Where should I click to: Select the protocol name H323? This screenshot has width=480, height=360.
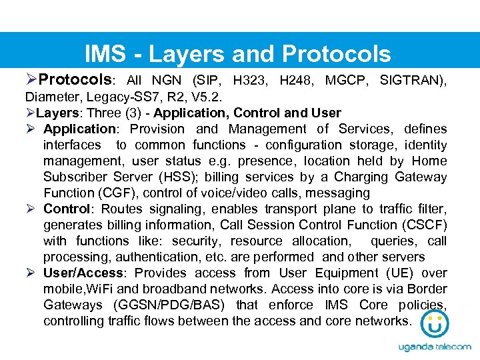point(249,81)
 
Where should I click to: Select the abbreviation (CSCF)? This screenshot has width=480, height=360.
point(424,225)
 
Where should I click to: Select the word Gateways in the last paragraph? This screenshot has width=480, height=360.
point(73,305)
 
